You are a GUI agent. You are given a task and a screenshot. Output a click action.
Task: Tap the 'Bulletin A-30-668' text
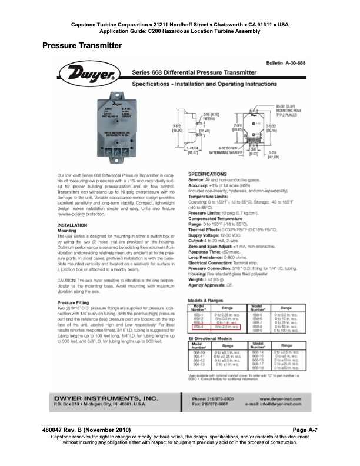(285, 62)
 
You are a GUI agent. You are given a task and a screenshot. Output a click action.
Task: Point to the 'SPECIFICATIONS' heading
(207, 175)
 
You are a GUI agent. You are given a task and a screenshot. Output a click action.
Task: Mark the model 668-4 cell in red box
(198, 326)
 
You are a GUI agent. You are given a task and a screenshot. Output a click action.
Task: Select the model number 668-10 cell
(199, 351)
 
